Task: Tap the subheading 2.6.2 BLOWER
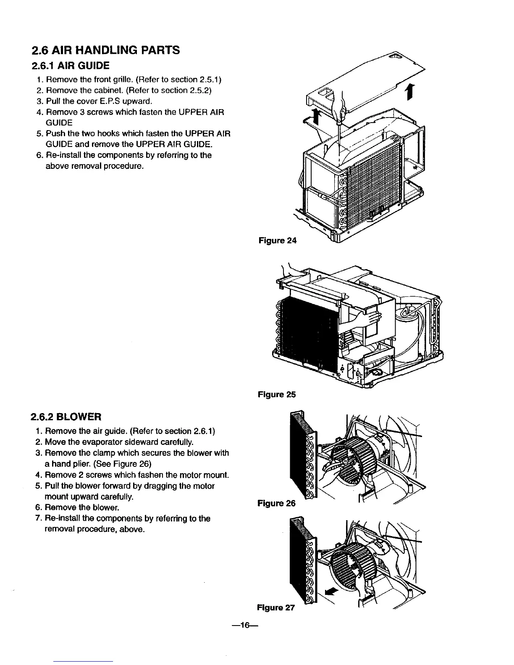[x=66, y=417]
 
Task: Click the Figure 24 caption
[x=277, y=241]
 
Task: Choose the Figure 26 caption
[x=276, y=503]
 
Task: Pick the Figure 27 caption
[x=275, y=607]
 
